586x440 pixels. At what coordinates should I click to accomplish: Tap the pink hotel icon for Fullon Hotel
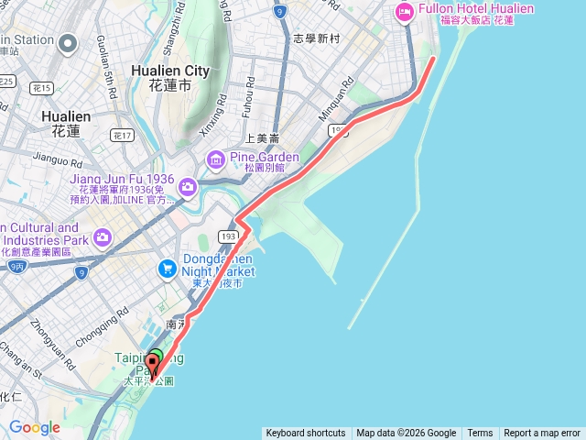point(404,12)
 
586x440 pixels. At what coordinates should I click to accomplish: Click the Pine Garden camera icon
point(215,161)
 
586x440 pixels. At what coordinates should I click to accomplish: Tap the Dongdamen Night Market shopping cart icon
point(167,269)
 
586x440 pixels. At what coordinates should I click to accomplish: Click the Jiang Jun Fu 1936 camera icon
point(187,187)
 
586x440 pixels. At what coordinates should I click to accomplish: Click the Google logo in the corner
point(35,428)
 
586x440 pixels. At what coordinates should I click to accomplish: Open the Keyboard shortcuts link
point(305,434)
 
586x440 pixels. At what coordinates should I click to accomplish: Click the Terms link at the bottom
point(480,434)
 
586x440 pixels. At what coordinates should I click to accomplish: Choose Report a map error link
point(541,434)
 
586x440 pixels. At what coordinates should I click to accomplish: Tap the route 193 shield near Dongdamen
point(229,236)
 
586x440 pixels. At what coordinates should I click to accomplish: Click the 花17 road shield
point(122,135)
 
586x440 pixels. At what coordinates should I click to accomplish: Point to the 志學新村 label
point(317,39)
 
